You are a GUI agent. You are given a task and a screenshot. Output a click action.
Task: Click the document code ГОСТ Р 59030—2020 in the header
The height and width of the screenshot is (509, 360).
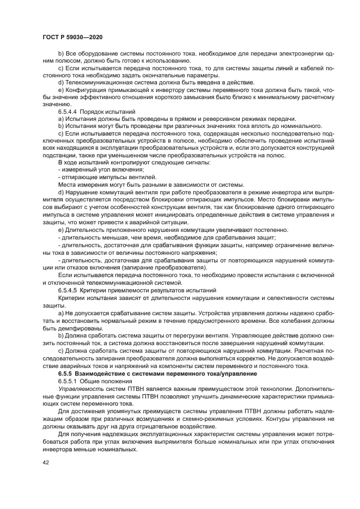pyautogui.click(x=72, y=35)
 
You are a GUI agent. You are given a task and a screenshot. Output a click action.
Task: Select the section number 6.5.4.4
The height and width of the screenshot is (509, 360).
pyautogui.click(x=68, y=111)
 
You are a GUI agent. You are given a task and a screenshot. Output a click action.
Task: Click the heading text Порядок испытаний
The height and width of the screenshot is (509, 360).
pyautogui.click(x=108, y=111)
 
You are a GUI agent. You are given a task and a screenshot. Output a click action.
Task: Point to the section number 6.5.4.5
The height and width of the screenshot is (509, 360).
pyautogui.click(x=68, y=290)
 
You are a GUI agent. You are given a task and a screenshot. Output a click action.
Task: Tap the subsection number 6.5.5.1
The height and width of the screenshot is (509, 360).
pyautogui.click(x=68, y=382)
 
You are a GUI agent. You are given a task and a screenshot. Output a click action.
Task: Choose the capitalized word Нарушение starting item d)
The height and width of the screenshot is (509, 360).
pyautogui.click(x=80, y=193)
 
